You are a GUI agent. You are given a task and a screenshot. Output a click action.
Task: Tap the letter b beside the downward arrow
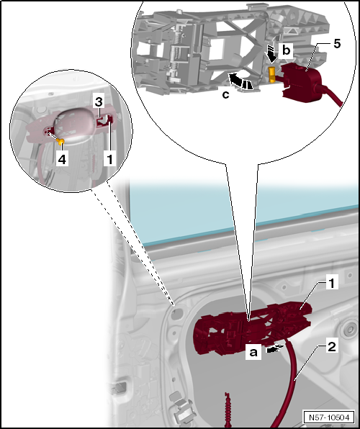pyautogui.click(x=286, y=50)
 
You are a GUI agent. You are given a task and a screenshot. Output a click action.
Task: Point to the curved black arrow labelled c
pyautogui.click(x=240, y=78)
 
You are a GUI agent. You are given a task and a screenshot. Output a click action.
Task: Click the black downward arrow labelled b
pyautogui.click(x=271, y=53)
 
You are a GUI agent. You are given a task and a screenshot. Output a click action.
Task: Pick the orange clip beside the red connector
pyautogui.click(x=273, y=73)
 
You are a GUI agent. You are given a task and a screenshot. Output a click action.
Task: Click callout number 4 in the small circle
pyautogui.click(x=63, y=158)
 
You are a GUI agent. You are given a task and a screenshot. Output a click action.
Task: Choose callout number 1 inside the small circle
pyautogui.click(x=109, y=157)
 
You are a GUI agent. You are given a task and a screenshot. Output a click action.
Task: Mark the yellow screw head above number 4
pyautogui.click(x=63, y=140)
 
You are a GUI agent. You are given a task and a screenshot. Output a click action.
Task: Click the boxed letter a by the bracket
pyautogui.click(x=253, y=353)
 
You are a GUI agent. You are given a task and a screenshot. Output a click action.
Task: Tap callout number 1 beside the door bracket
pyautogui.click(x=330, y=284)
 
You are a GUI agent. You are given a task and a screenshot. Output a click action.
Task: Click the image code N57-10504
pyautogui.click(x=329, y=417)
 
